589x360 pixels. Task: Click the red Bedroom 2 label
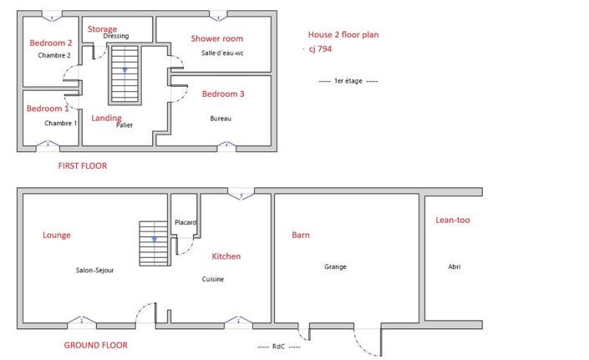[51, 43]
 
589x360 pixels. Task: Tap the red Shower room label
[216, 38]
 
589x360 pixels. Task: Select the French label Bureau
[221, 119]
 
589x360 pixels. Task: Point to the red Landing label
[106, 119]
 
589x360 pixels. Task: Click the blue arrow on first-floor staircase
[124, 70]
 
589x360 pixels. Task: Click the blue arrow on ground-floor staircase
[154, 239]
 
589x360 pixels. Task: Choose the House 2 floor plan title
[343, 35]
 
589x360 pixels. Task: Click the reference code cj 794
[320, 48]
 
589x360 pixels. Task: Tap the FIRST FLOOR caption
[83, 166]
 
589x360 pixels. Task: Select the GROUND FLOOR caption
[96, 345]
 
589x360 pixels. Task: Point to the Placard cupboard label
[185, 223]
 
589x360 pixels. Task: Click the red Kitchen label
[226, 256]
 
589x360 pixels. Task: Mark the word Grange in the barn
[336, 267]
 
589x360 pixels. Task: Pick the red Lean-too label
[453, 221]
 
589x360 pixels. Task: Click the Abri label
[454, 267]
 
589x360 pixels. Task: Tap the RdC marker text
[279, 347]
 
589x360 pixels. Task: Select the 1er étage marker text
[348, 81]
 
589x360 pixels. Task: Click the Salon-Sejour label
[94, 271]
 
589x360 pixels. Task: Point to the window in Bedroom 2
[52, 16]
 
